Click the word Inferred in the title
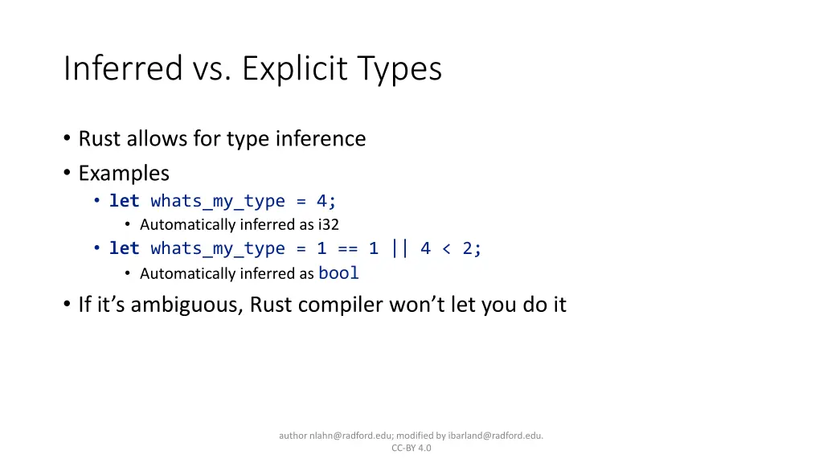coord(123,69)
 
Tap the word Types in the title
coord(399,69)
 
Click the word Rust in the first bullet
coord(96,139)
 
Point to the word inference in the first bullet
coord(321,139)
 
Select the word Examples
coord(124,173)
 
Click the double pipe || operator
coord(399,249)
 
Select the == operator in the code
coord(347,249)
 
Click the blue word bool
coord(338,273)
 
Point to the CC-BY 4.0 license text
coord(411,449)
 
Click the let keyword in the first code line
coord(125,201)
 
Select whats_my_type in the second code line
coord(218,249)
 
